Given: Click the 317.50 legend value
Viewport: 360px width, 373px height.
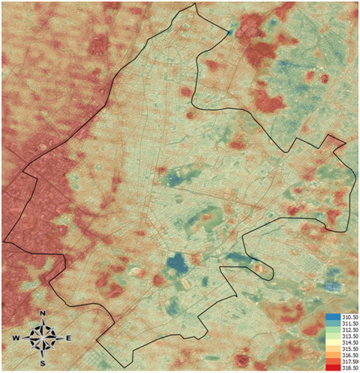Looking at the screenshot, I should tap(345, 363).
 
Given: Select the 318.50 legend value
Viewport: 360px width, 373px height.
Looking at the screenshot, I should tap(345, 369).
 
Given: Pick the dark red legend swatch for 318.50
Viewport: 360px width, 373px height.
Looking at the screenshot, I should tap(330, 369).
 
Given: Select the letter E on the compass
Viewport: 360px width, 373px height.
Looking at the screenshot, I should tap(68, 338).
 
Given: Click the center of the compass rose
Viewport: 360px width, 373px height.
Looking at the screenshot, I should tap(43, 338).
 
